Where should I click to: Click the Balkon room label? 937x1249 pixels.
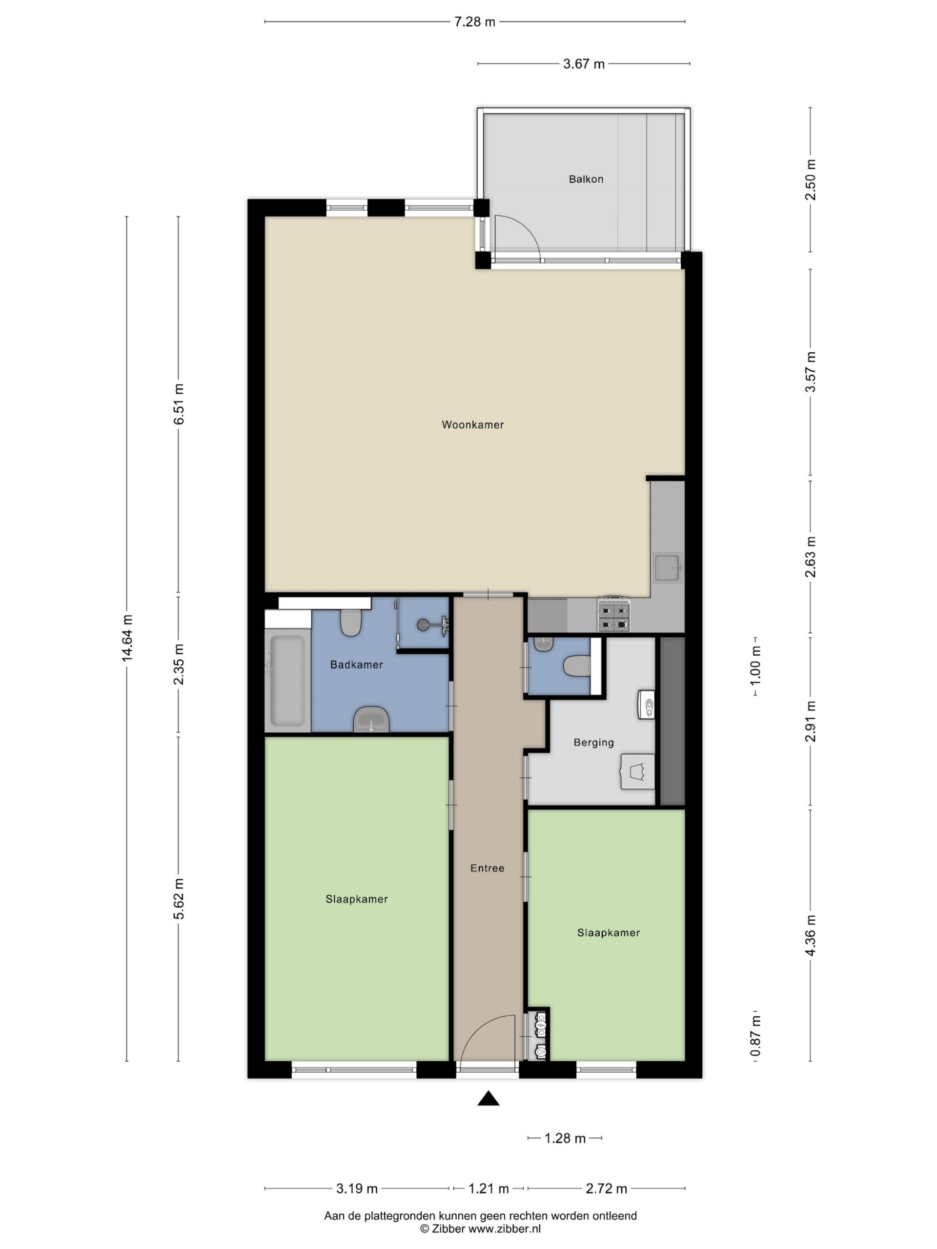pyautogui.click(x=586, y=179)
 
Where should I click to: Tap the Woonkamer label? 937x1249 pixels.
pyautogui.click(x=473, y=424)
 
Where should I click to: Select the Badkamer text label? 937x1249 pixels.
pyautogui.click(x=356, y=665)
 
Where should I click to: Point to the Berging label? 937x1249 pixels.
pyautogui.click(x=593, y=743)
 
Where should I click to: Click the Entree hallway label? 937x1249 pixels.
pyautogui.click(x=488, y=868)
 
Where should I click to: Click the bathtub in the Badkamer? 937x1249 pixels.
pyautogui.click(x=287, y=680)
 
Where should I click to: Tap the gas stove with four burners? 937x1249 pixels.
pyautogui.click(x=613, y=614)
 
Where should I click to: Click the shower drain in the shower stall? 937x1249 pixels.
pyautogui.click(x=424, y=624)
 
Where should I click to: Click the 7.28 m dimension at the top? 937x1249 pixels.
pyautogui.click(x=475, y=22)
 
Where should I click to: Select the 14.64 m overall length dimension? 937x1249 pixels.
pyautogui.click(x=126, y=639)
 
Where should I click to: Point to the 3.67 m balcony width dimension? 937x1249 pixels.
pyautogui.click(x=584, y=64)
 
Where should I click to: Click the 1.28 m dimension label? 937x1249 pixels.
pyautogui.click(x=565, y=1138)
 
